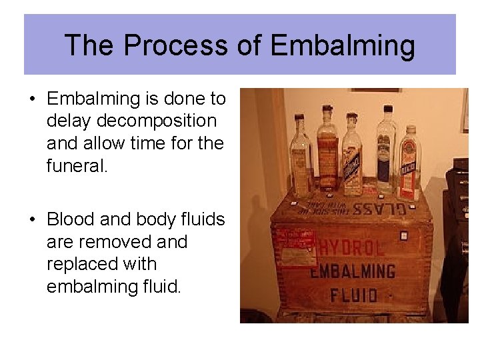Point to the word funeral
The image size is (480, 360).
tap(76, 165)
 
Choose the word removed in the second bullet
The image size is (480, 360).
tap(117, 241)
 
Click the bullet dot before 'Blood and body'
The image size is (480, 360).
tap(31, 220)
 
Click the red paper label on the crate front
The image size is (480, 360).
tap(295, 244)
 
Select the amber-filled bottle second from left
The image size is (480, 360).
tap(327, 150)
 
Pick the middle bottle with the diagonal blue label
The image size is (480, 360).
tap(351, 155)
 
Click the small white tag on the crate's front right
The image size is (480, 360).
tap(403, 236)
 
